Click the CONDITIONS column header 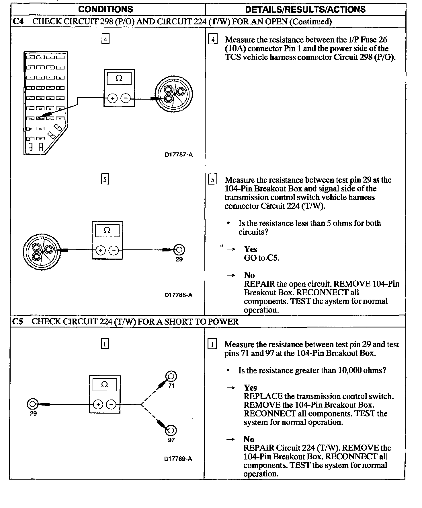tap(106, 9)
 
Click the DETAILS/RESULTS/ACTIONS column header tap(305, 9)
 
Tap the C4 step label tap(18, 22)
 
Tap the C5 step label tap(17, 321)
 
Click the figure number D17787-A tap(179, 155)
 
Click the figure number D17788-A tap(178, 295)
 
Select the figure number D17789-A tap(178, 459)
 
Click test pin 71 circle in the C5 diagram tap(171, 376)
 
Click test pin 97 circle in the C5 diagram tap(171, 430)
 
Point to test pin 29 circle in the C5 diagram tap(32, 404)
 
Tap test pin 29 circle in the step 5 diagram tap(179, 250)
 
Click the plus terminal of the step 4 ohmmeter tap(112, 98)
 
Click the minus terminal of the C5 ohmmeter tap(111, 405)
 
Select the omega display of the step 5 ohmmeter tap(107, 230)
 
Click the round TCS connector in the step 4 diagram tap(174, 94)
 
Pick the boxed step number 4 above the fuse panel tap(106, 39)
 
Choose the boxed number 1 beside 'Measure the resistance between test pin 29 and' tap(212, 344)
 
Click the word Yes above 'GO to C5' tap(251, 249)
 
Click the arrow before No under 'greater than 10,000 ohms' tap(231, 439)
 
